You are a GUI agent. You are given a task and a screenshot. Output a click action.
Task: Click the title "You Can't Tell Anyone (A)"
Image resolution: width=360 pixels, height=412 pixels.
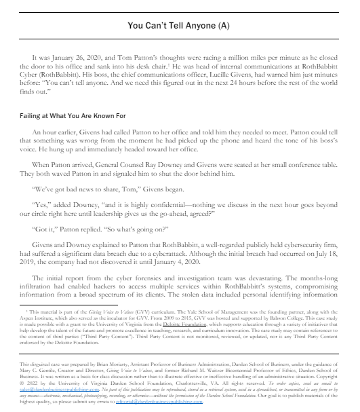[180, 26]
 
